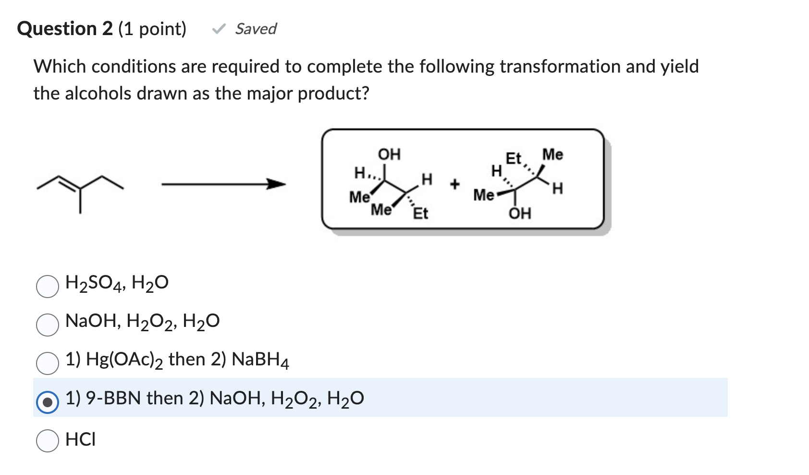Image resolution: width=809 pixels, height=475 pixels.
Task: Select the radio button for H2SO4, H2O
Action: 48,287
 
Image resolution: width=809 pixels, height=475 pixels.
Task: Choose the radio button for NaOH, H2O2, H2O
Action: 48,325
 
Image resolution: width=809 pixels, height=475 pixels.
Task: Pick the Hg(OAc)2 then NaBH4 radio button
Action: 48,363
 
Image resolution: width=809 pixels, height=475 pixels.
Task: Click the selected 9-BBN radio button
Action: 48,402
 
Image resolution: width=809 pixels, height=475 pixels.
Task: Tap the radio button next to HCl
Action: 48,440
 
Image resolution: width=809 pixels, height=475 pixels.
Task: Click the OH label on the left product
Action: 389,154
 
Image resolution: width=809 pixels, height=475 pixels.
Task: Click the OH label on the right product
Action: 520,213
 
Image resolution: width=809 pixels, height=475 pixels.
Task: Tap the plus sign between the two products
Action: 454,184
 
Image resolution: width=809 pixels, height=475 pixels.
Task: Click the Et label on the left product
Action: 420,213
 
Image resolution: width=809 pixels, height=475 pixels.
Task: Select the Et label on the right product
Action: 514,158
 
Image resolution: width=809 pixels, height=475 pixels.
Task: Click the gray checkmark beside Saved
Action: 219,29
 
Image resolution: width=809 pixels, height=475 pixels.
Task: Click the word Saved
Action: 256,29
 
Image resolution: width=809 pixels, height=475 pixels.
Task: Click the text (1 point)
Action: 152,29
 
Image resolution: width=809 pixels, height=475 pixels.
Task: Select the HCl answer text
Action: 81,439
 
